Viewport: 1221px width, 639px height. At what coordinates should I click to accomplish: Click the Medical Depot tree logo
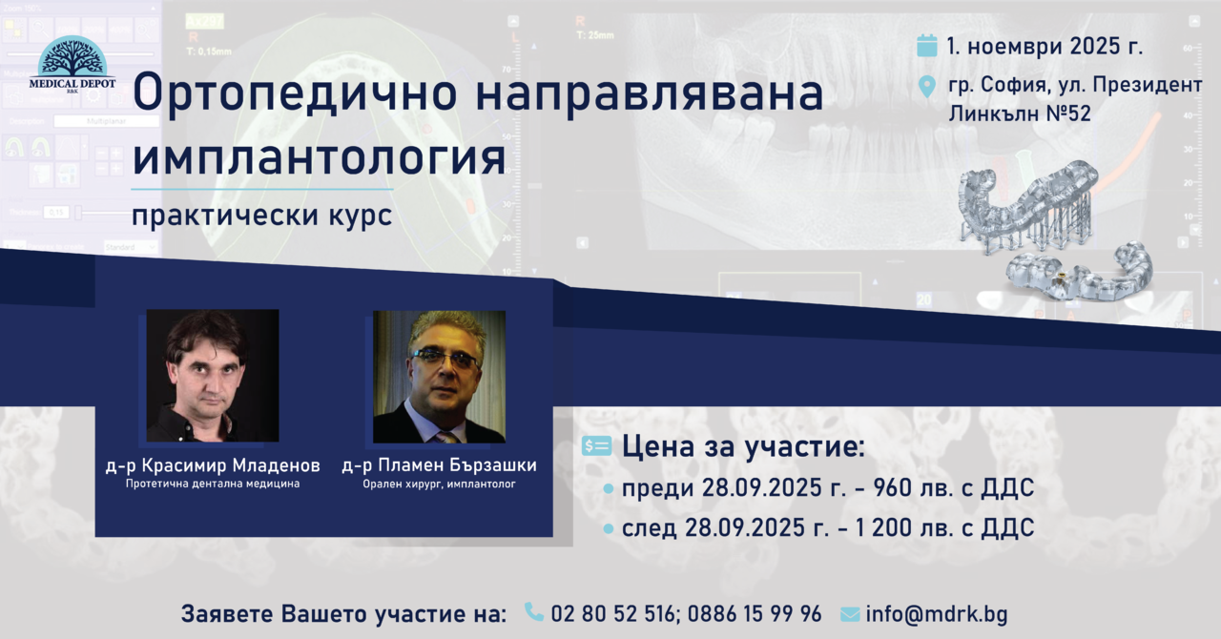(x=72, y=64)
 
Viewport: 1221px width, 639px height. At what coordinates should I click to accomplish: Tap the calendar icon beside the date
(x=926, y=46)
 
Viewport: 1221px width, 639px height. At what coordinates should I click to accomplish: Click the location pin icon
(x=926, y=87)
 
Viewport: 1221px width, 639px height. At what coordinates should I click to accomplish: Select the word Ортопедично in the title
(x=295, y=93)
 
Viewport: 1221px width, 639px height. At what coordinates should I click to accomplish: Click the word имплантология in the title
(x=319, y=157)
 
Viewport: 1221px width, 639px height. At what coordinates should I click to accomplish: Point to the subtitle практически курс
(x=261, y=215)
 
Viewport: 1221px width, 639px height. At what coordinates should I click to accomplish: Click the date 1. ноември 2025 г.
(x=1045, y=47)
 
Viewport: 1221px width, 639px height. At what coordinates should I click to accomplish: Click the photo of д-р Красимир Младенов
(x=213, y=376)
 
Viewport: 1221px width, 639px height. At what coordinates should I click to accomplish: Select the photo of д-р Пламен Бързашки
(x=439, y=377)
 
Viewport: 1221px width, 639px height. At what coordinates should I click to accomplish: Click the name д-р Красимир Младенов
(x=213, y=465)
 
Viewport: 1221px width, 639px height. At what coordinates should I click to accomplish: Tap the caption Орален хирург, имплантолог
(x=440, y=484)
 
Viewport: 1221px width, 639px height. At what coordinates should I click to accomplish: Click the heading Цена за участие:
(x=743, y=446)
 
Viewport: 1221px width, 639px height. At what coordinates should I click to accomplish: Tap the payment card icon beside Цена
(x=596, y=446)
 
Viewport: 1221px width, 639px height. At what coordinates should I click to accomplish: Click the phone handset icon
(x=533, y=611)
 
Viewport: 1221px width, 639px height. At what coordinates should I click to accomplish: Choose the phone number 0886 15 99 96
(x=755, y=614)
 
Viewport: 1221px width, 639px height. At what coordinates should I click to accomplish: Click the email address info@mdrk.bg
(x=937, y=614)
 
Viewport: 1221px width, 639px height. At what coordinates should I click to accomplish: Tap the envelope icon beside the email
(x=850, y=614)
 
